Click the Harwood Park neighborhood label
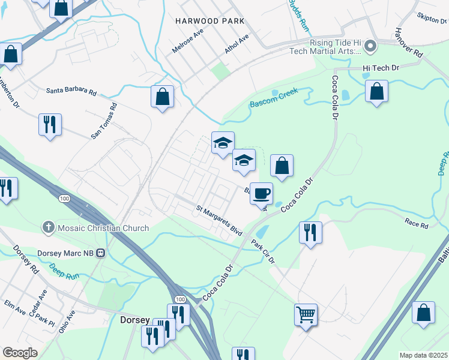click(209, 21)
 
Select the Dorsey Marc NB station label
click(67, 253)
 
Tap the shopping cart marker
click(306, 314)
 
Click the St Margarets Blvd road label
click(219, 220)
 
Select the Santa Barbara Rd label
click(71, 91)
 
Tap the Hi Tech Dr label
click(381, 68)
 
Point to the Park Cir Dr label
click(263, 252)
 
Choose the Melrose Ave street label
click(184, 43)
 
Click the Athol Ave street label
click(237, 44)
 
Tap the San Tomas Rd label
click(104, 121)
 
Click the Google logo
click(20, 353)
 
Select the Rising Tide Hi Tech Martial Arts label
click(338, 48)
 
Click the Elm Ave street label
click(14, 308)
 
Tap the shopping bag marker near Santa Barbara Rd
click(162, 97)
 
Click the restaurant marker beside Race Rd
click(310, 232)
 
